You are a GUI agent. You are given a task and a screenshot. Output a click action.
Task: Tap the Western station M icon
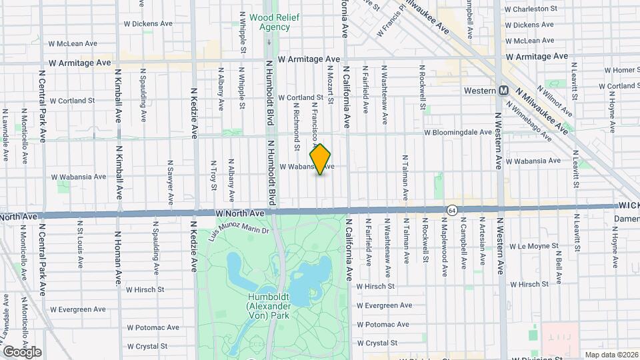505,91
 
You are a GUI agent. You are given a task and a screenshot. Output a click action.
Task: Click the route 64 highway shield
452,209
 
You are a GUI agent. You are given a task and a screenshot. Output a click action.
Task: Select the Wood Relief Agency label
270,22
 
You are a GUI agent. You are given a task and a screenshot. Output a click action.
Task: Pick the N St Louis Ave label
80,243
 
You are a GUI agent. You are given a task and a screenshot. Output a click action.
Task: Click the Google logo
22,351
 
